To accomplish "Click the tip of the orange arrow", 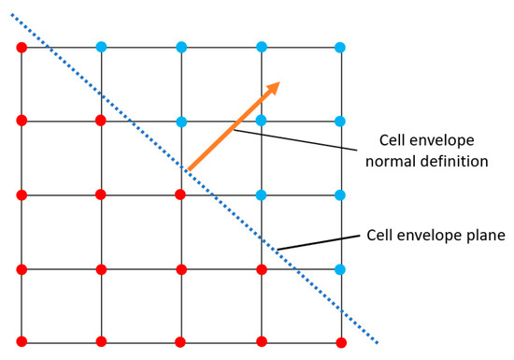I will click(278, 82).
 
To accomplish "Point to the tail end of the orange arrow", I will click(188, 170).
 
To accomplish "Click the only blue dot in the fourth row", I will click(341, 269).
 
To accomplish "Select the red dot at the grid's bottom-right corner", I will click(341, 341).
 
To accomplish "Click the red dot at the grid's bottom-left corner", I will click(21, 341).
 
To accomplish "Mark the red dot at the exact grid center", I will click(181, 194).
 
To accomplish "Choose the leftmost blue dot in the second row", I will click(181, 121).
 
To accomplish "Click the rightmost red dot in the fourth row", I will click(262, 269).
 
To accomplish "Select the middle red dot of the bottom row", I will click(181, 341).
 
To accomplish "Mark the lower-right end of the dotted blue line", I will click(377, 342).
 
